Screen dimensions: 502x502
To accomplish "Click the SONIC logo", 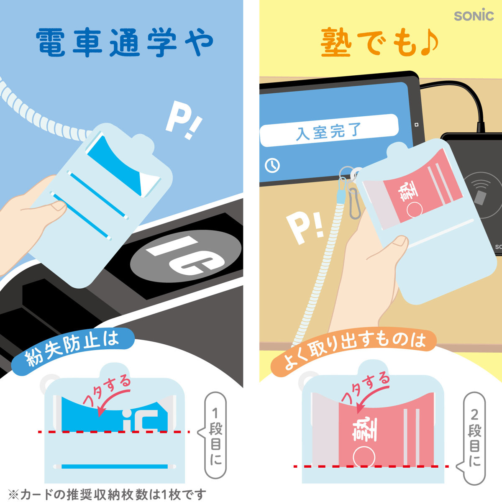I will pyautogui.click(x=474, y=15).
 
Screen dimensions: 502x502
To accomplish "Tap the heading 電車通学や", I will pyautogui.click(x=124, y=43).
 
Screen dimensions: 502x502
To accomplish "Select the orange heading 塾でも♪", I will pyautogui.click(x=379, y=43).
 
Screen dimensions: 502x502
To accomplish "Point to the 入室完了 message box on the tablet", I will pyautogui.click(x=328, y=130).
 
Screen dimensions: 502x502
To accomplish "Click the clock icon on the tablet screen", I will pyautogui.click(x=272, y=165).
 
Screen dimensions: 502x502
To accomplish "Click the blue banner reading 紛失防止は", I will pyautogui.click(x=73, y=347).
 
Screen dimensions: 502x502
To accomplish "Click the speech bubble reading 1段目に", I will pyautogui.click(x=215, y=435).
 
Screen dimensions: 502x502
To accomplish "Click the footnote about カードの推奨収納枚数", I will pyautogui.click(x=107, y=494).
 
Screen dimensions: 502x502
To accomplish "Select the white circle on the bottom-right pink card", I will pyautogui.click(x=364, y=456).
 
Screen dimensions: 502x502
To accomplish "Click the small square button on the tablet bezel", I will pyautogui.click(x=416, y=125).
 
